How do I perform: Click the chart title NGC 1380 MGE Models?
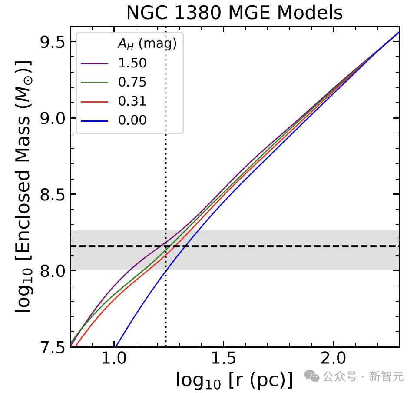[x=235, y=13]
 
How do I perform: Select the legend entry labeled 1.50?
[x=132, y=63]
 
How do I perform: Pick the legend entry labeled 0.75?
[x=132, y=82]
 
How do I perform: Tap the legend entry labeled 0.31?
[x=132, y=101]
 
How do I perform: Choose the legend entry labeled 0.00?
[x=132, y=120]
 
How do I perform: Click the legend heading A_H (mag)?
[x=147, y=44]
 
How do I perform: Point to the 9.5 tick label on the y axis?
[x=52, y=42]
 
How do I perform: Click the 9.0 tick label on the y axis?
[x=52, y=118]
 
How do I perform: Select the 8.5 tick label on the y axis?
[x=52, y=194]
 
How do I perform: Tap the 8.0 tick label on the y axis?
[x=52, y=271]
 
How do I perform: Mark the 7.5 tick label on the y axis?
[x=52, y=346]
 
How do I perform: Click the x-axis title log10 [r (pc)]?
[x=235, y=380]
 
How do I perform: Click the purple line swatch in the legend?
[x=94, y=63]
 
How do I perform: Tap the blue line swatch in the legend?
[x=94, y=120]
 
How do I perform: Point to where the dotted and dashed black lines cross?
[x=165, y=246]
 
